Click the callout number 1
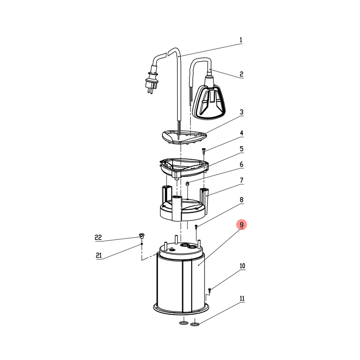(x=241, y=40)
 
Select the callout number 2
(x=241, y=74)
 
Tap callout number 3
(x=241, y=112)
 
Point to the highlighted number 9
(x=242, y=225)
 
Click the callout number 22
(x=98, y=237)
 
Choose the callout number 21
(x=99, y=255)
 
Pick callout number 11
(x=242, y=298)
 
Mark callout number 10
(x=243, y=266)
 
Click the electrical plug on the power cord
(x=152, y=79)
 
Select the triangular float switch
(x=209, y=102)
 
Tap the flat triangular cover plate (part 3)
(x=184, y=137)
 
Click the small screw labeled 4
(x=203, y=151)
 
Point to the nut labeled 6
(x=187, y=184)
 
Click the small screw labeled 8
(x=196, y=227)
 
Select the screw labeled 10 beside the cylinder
(x=209, y=290)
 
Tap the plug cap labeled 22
(x=142, y=236)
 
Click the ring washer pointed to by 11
(x=195, y=324)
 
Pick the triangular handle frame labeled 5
(x=184, y=168)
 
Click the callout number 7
(x=241, y=180)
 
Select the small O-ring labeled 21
(x=142, y=243)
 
